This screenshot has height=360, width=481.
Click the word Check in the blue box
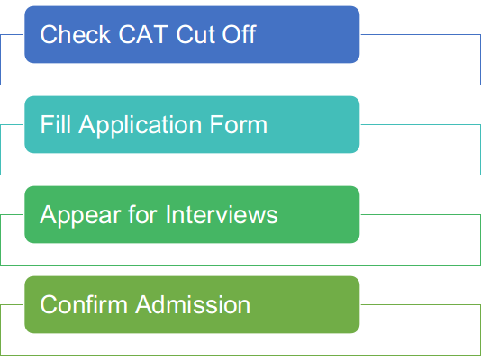click(x=75, y=34)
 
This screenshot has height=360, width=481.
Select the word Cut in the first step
click(x=195, y=34)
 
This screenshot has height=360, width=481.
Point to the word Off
click(x=239, y=33)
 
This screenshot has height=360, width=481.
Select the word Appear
click(x=80, y=216)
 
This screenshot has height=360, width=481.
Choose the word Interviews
click(x=222, y=214)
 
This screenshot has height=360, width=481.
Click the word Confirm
click(x=84, y=304)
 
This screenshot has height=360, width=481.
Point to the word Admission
click(x=193, y=304)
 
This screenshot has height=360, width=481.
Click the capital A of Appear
click(x=49, y=214)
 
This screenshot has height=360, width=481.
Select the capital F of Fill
click(x=47, y=125)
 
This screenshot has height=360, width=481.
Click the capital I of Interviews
click(x=168, y=214)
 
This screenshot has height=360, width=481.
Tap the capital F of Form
click(x=216, y=125)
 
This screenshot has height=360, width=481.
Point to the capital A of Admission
click(x=145, y=304)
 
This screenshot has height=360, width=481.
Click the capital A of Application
click(x=88, y=125)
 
